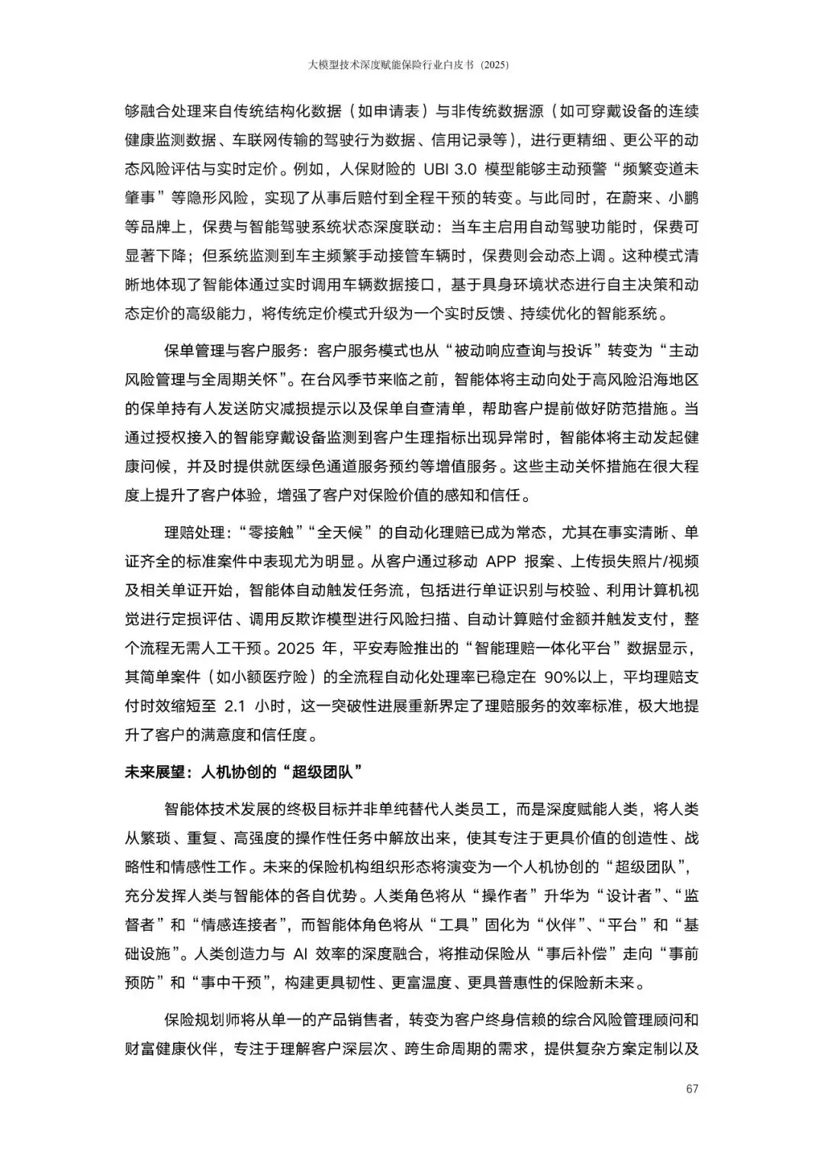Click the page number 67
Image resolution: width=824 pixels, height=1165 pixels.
click(x=692, y=1089)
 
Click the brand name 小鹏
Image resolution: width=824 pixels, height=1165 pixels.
click(x=681, y=198)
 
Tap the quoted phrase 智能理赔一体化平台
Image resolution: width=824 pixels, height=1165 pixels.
click(x=542, y=648)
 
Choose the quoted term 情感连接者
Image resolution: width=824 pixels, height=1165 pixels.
click(x=243, y=924)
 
